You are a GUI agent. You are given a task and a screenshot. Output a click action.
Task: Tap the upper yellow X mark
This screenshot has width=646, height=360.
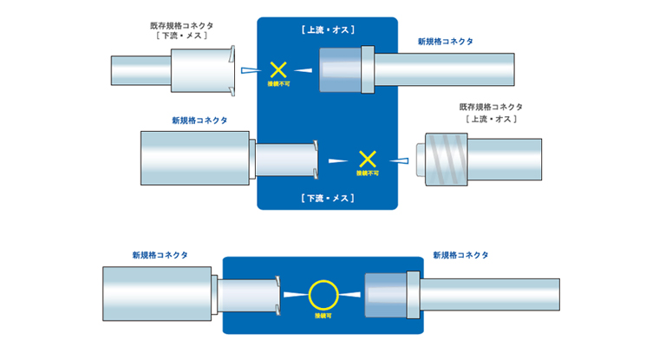[x=278, y=69]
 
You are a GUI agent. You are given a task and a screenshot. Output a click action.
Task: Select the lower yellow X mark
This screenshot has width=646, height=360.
[x=368, y=159]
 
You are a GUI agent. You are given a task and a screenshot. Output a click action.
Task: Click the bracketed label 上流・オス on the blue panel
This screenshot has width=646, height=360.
[x=328, y=29]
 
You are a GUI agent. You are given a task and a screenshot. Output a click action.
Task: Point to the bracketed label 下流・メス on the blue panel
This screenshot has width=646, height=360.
[x=328, y=199]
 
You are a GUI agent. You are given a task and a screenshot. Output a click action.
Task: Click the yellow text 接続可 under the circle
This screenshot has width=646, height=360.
[x=323, y=316]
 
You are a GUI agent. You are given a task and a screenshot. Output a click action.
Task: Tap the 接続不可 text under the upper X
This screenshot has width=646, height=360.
[x=279, y=84]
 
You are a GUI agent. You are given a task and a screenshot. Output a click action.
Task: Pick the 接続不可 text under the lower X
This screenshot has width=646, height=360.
[x=368, y=173]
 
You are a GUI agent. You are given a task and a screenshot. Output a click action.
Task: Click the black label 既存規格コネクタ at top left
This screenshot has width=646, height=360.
[x=182, y=25]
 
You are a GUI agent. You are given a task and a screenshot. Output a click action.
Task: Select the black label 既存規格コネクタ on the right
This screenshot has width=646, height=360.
[x=491, y=107]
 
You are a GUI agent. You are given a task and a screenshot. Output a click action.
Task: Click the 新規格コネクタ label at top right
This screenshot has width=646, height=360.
[x=446, y=42]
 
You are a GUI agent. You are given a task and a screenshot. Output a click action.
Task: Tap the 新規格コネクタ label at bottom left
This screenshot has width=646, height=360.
[x=160, y=255]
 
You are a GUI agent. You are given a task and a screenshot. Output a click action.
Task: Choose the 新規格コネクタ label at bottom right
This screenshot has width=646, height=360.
[x=460, y=255]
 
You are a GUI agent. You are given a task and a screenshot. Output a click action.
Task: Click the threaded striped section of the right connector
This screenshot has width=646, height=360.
[x=447, y=159]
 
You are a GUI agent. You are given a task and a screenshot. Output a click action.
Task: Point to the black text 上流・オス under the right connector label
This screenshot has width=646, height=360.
[x=491, y=119]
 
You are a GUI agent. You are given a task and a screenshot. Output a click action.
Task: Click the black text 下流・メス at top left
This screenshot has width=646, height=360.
[x=182, y=36]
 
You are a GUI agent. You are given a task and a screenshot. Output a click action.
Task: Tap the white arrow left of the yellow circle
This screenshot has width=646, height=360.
[x=296, y=294]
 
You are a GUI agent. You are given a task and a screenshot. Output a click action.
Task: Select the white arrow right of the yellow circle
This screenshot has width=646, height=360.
[x=349, y=294]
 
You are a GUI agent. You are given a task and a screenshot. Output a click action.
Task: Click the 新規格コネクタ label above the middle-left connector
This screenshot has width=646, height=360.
[x=199, y=121]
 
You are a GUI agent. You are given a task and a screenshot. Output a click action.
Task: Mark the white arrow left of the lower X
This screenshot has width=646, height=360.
[x=338, y=160]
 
